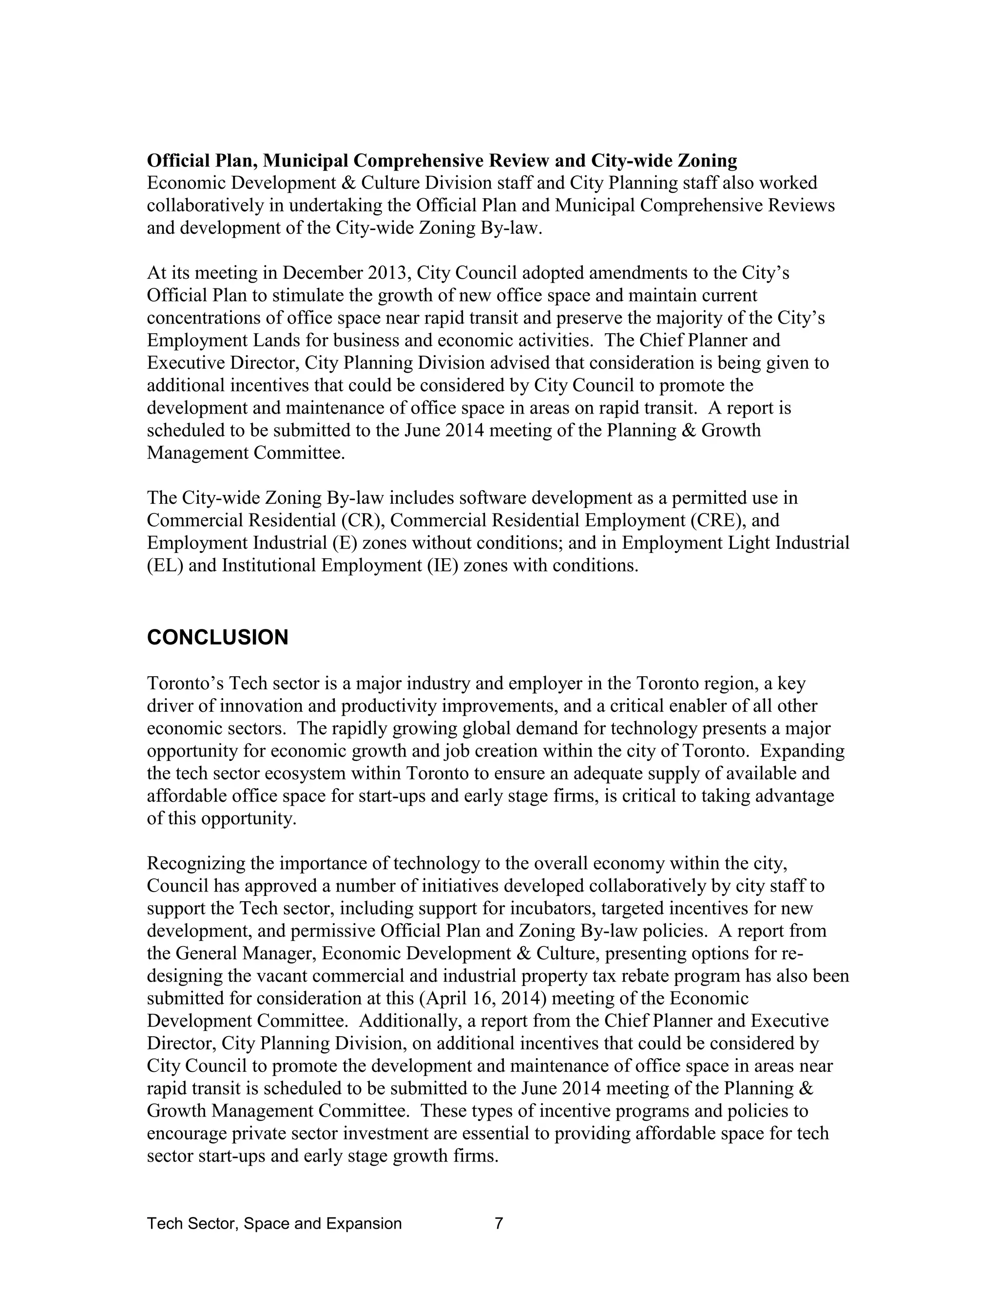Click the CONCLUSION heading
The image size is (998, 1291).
pyautogui.click(x=217, y=638)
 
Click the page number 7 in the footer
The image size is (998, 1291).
pyautogui.click(x=499, y=1224)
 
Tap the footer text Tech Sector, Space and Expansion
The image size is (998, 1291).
pyautogui.click(x=274, y=1224)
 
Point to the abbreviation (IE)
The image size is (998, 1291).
pyautogui.click(x=441, y=566)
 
